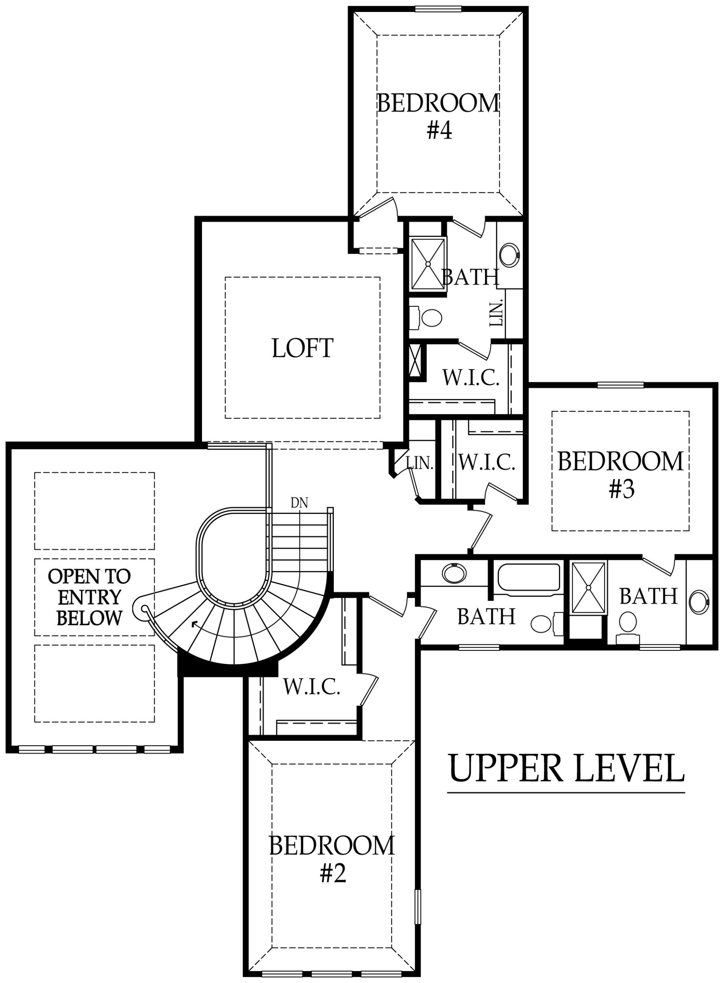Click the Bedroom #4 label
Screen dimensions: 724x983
(438, 116)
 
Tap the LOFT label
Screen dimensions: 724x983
(302, 348)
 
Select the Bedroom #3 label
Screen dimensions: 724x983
(621, 475)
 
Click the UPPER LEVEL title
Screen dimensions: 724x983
(566, 768)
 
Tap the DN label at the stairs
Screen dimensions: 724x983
(299, 503)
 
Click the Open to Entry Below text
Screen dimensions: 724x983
(89, 597)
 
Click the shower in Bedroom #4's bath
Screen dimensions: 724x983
(428, 264)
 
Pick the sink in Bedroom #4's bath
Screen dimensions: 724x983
(509, 255)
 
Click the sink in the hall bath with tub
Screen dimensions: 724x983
(454, 573)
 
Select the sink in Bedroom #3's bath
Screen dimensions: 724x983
(699, 602)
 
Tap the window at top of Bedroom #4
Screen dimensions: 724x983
(438, 9)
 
